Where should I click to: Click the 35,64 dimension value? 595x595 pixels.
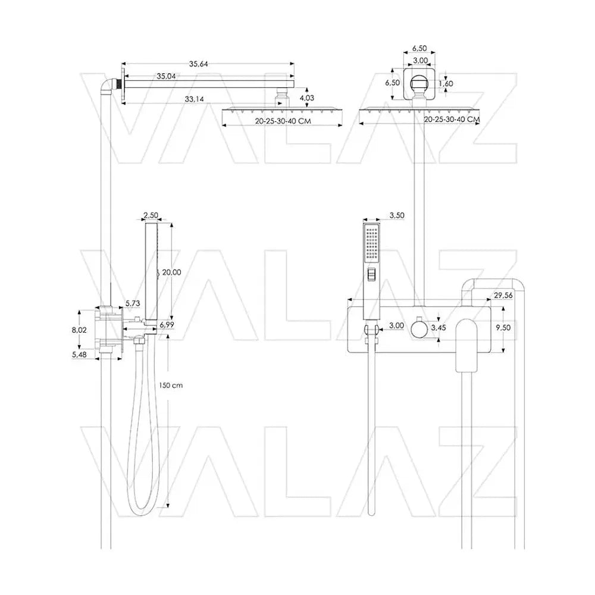point(199,64)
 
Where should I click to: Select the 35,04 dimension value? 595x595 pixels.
point(166,76)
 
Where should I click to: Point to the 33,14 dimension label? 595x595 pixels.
point(195,99)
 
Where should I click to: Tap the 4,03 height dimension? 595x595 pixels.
point(307,98)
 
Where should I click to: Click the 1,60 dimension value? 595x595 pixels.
point(446,83)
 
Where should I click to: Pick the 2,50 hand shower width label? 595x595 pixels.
point(151,215)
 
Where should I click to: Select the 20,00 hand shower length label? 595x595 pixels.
point(171,272)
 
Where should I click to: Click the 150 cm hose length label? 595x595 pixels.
point(171,385)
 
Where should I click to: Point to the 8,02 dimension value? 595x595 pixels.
point(79,330)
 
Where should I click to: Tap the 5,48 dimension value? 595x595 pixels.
point(79,355)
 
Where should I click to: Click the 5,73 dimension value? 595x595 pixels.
point(133,303)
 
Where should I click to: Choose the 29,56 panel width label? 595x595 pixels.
point(503,295)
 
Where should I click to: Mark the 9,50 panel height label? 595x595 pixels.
point(503,327)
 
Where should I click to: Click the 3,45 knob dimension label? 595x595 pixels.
point(439,327)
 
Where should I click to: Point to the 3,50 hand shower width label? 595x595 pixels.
point(397,215)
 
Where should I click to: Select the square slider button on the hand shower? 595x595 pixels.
point(371,275)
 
